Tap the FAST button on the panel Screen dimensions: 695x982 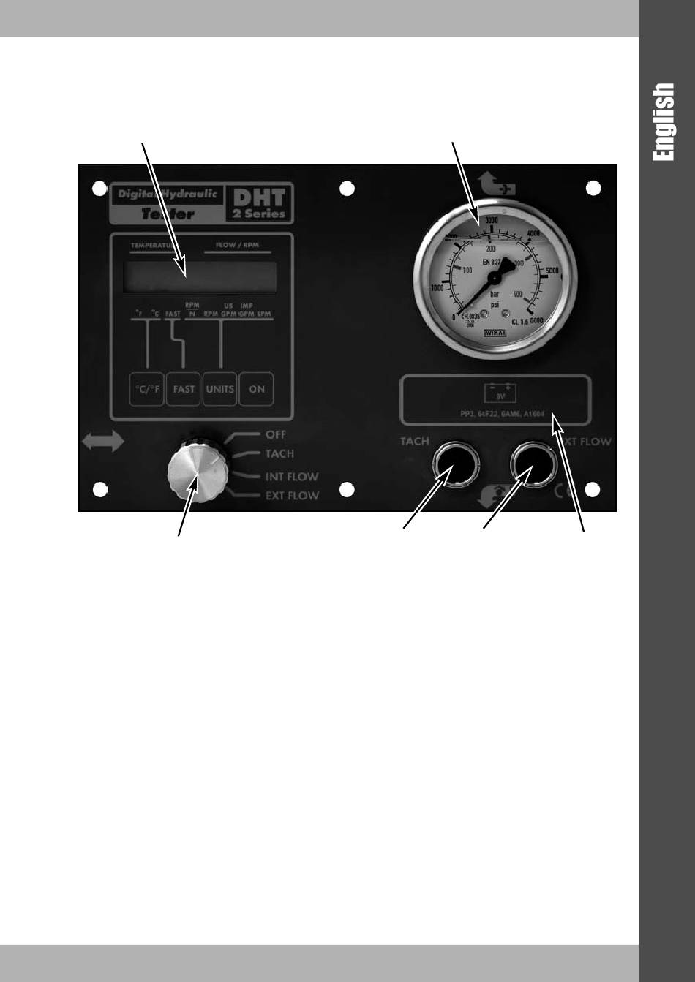pyautogui.click(x=184, y=389)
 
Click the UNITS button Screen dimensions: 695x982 pyautogui.click(x=219, y=389)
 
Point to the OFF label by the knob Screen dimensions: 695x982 pyautogui.click(x=276, y=435)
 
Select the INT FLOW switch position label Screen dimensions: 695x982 pyautogui.click(x=291, y=477)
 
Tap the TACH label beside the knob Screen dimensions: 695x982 pyautogui.click(x=279, y=454)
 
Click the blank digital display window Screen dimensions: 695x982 pyautogui.click(x=200, y=277)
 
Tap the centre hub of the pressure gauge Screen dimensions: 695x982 pyautogui.click(x=495, y=279)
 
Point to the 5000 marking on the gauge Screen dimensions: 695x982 pyautogui.click(x=552, y=271)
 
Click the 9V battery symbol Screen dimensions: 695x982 pyautogui.click(x=500, y=393)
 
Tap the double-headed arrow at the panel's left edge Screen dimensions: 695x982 pyautogui.click(x=103, y=442)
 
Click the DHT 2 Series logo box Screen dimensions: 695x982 pyautogui.click(x=258, y=203)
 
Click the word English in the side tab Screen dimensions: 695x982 pyautogui.click(x=664, y=121)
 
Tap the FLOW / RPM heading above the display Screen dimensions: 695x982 pyautogui.click(x=237, y=246)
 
